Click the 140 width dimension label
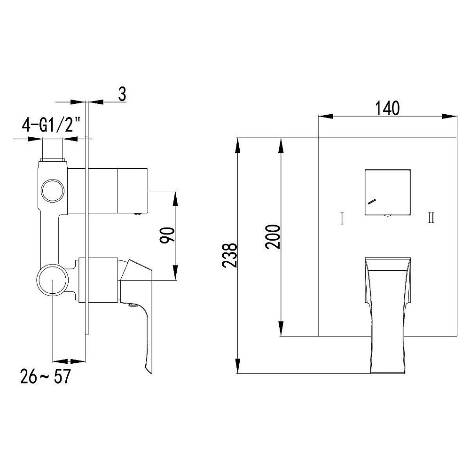click(387, 108)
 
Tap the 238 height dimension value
click(230, 255)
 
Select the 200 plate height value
click(273, 236)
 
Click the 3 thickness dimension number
click(122, 94)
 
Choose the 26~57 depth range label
click(46, 376)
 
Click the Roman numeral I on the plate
click(342, 219)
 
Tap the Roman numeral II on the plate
click(431, 218)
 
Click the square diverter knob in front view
click(388, 192)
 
